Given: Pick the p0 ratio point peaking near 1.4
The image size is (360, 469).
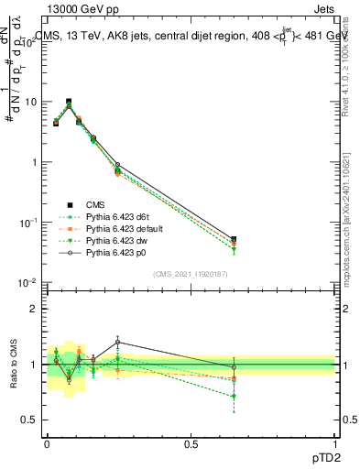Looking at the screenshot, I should coord(117,342).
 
